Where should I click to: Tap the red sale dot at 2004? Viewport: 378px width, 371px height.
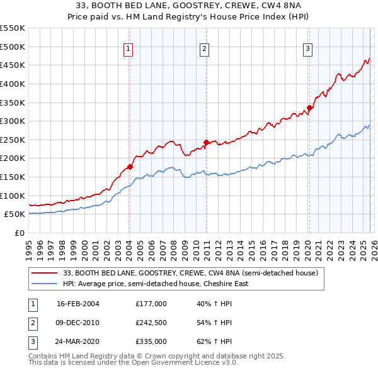coord(130,167)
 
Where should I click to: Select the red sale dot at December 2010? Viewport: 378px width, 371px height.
coord(206,142)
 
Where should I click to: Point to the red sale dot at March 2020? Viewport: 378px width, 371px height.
coord(309,108)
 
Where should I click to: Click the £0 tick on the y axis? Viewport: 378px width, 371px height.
coord(20,233)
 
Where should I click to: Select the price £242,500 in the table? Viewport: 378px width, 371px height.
coord(151,323)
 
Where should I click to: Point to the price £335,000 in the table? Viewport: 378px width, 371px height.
coord(151,341)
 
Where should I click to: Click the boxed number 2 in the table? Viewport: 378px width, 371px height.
coord(32,323)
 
